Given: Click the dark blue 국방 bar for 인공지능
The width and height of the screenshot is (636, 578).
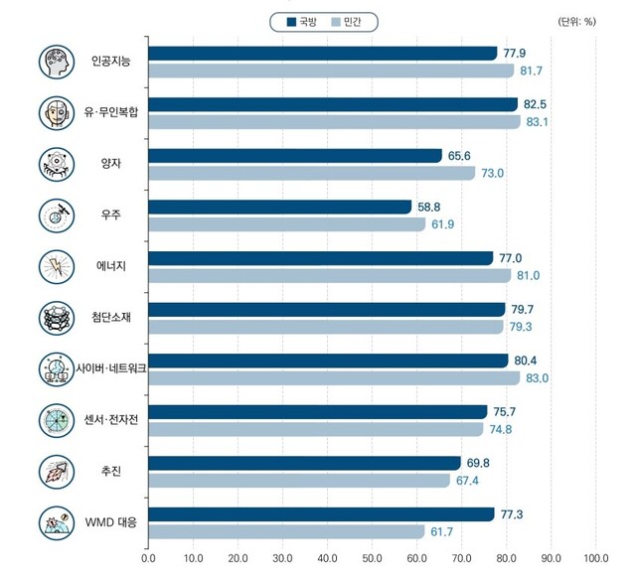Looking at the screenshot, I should coord(322,54).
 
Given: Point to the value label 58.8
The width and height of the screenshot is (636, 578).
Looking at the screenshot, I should coord(428,207).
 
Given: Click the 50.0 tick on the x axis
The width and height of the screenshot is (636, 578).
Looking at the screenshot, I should coord(373,557).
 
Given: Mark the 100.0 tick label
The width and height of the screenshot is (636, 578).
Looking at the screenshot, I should coord(596,557).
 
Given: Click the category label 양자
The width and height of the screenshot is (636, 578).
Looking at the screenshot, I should coord(110,164).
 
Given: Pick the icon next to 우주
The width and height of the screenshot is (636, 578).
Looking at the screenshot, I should coord(54,215).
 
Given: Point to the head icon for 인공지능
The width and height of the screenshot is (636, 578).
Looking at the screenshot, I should coord(54,62).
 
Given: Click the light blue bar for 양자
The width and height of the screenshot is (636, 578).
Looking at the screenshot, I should coord(311,173).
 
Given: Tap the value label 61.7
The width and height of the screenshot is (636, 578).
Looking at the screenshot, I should coord(441,532).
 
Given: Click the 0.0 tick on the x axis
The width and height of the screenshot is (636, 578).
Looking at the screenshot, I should coord(149,557).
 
